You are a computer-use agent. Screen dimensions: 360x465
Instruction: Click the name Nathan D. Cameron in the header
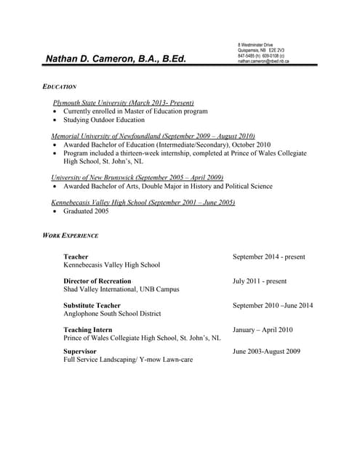point(116,59)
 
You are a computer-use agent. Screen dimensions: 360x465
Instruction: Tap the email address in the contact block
point(263,62)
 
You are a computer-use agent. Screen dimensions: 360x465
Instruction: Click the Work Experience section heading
point(71,236)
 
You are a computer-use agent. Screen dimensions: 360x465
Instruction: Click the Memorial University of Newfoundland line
point(153,136)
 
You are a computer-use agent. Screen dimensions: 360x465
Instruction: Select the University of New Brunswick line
point(137,177)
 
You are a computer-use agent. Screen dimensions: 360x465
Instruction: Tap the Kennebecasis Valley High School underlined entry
point(143,202)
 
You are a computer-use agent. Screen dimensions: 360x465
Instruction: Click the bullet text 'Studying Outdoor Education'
point(104,120)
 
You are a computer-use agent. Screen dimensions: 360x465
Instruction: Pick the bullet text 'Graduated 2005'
point(86,211)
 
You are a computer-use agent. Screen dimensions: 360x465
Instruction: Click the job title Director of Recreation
point(97,280)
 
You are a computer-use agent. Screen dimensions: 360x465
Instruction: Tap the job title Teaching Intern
point(87,329)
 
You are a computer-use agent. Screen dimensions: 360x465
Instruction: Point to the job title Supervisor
point(80,351)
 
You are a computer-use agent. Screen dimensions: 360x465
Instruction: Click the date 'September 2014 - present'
point(268,256)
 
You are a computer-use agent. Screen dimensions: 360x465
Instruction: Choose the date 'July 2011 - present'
point(259,280)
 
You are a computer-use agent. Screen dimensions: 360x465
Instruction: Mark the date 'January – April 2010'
point(263,329)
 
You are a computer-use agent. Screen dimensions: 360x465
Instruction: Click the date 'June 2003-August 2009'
point(266,351)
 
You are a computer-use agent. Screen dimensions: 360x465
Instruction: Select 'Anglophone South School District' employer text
point(112,314)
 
